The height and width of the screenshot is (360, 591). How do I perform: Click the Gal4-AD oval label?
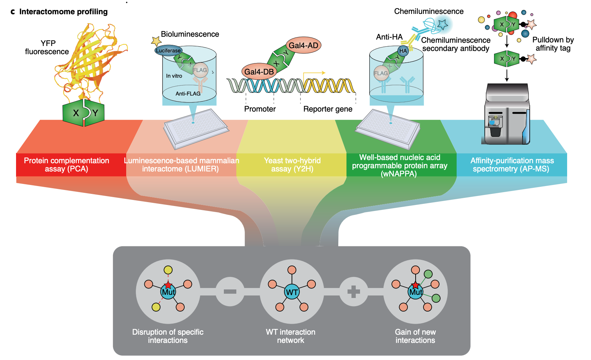(303, 45)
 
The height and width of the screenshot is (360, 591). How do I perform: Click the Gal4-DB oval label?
(259, 72)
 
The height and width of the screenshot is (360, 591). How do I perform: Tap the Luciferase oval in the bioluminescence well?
(168, 51)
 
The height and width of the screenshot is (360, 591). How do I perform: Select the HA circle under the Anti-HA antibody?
(403, 51)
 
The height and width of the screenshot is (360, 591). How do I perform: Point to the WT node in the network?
(292, 292)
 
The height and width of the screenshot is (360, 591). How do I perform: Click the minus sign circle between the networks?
(230, 292)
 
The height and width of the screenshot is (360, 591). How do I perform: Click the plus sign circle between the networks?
(354, 292)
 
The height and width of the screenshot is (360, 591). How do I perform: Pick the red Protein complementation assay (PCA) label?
(67, 165)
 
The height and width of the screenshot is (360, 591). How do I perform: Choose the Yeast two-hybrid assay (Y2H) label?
(292, 165)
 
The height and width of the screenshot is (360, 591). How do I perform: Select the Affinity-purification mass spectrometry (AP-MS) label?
(512, 165)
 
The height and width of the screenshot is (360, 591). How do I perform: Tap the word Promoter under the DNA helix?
(260, 109)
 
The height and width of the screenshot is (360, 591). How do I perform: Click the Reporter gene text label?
(328, 109)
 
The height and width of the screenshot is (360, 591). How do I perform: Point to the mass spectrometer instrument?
(507, 114)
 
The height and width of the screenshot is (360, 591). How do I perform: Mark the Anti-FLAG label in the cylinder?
(188, 94)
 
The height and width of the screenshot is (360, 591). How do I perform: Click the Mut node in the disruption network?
(168, 292)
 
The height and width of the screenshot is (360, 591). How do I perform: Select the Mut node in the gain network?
(416, 292)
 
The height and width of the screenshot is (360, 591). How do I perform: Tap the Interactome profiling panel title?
(63, 12)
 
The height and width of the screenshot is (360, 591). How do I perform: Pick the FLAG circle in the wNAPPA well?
(381, 73)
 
